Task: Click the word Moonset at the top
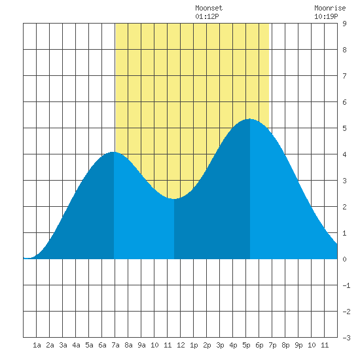(209, 8)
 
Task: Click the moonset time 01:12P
(207, 16)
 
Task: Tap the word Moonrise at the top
(330, 8)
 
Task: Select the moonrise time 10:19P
(326, 16)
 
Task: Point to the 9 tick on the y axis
(344, 24)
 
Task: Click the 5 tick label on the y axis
(344, 128)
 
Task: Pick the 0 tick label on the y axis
(344, 259)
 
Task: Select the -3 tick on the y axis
(346, 338)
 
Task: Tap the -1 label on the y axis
(346, 285)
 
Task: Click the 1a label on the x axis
(37, 345)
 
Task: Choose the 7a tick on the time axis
(115, 345)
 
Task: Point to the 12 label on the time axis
(181, 345)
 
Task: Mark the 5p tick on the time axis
(246, 345)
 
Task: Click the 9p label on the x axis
(298, 345)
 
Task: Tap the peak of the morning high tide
(113, 152)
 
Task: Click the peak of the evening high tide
(250, 119)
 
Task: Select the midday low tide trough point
(174, 199)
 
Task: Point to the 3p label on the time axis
(220, 345)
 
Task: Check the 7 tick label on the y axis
(344, 76)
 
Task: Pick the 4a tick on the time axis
(76, 345)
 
